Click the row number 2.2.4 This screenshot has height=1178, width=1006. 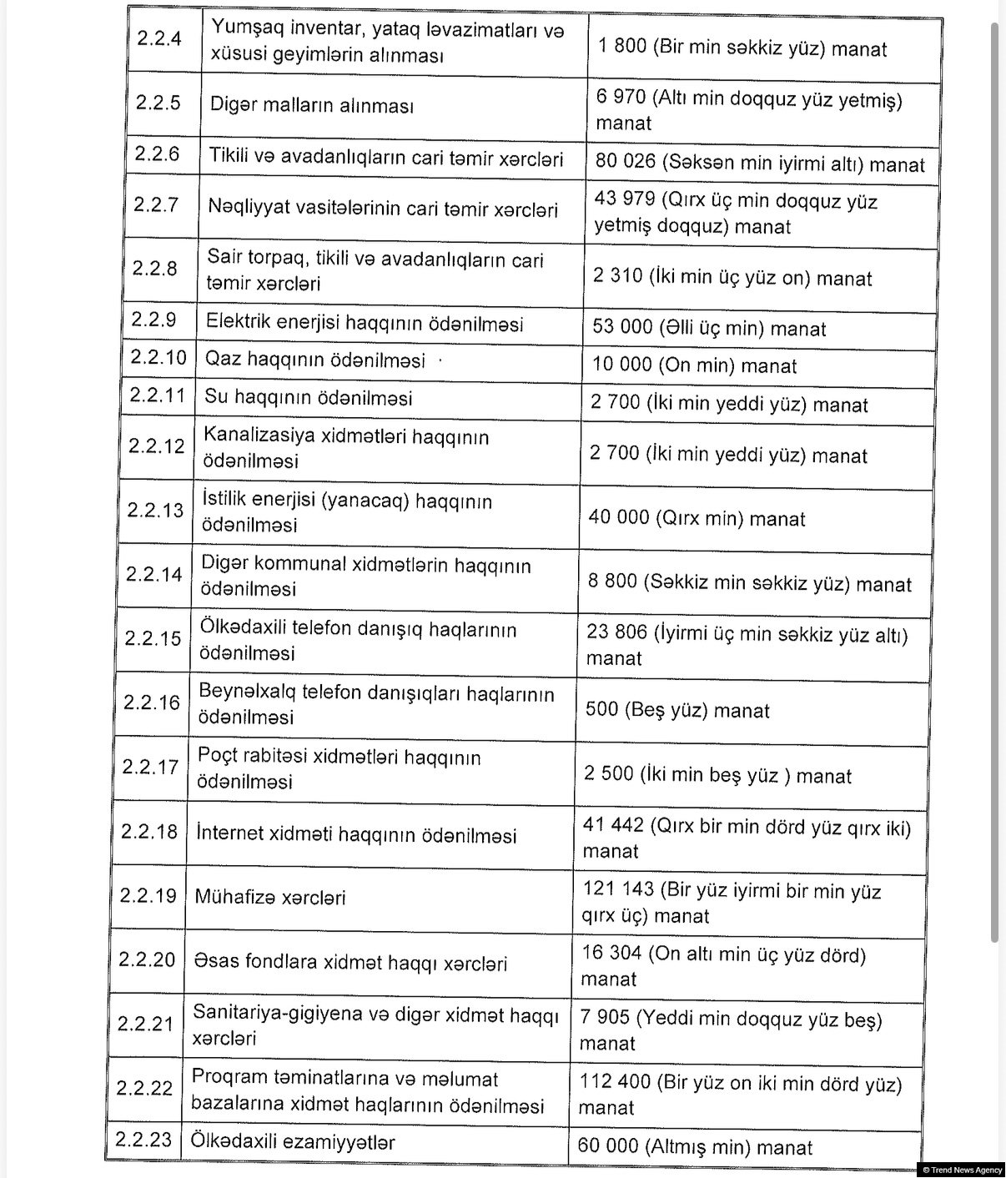[x=158, y=38]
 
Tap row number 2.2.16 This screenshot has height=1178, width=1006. [x=152, y=702]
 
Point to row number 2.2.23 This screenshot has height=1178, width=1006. [x=144, y=1140]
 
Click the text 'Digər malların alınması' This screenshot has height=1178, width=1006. [x=312, y=105]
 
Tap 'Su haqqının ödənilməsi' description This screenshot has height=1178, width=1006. [x=309, y=397]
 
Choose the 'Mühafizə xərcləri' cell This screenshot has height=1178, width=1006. [x=270, y=898]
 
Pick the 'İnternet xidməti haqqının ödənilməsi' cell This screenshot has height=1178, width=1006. [x=356, y=834]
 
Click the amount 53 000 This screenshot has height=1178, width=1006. [x=622, y=327]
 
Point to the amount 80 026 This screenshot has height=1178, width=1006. [x=626, y=161]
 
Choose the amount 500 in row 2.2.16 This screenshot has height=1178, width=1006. [x=601, y=710]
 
